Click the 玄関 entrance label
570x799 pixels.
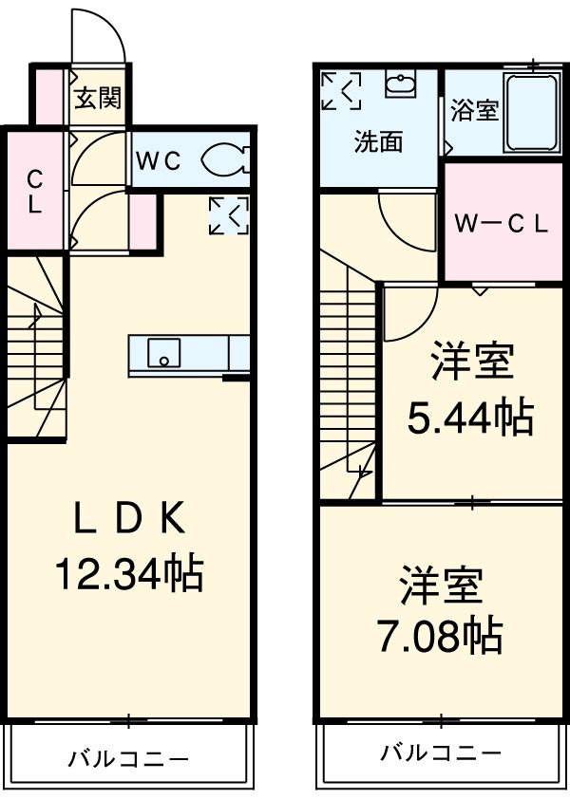(x=99, y=97)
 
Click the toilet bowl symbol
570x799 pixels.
(x=225, y=160)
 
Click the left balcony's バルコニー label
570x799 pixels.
(x=127, y=759)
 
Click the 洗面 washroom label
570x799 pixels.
(x=378, y=141)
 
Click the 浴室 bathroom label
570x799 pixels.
(x=475, y=109)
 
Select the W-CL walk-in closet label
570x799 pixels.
(x=501, y=224)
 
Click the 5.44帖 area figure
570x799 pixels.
(x=470, y=417)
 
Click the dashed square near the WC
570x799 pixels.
(x=229, y=215)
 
